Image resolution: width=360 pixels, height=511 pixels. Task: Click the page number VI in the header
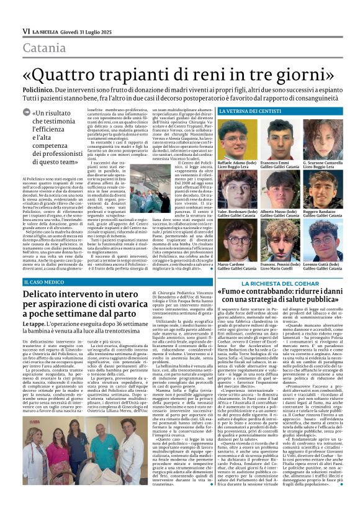tap(25, 31)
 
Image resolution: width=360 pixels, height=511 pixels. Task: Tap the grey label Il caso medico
tap(45, 265)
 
